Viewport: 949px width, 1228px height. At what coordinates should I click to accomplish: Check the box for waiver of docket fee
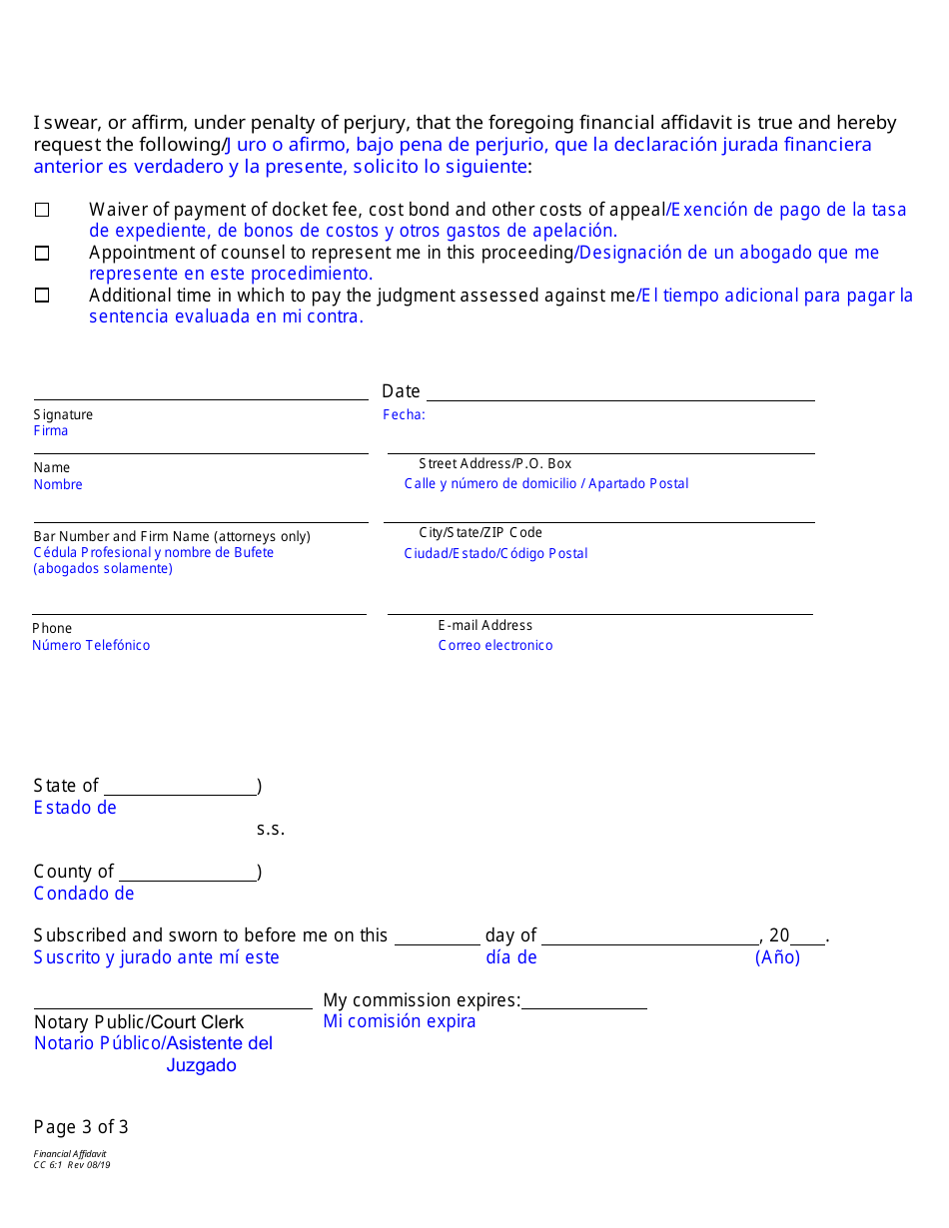coord(42,210)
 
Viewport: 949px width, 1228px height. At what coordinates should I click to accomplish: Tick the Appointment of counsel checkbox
coord(42,254)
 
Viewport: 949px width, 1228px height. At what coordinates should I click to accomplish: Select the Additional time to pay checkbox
coord(42,296)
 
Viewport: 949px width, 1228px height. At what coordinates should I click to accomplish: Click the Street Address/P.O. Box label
coord(494,463)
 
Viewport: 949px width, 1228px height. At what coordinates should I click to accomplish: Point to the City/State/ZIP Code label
coord(480,532)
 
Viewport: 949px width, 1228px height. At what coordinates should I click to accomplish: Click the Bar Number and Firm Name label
coord(172,536)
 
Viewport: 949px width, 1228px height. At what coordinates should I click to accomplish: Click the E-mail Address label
coord(484,625)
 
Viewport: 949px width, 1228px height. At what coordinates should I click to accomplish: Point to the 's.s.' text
coord(271,829)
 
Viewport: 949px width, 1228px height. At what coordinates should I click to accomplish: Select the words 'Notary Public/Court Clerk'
coord(139,1021)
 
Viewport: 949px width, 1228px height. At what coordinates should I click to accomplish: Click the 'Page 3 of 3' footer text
coord(81,1127)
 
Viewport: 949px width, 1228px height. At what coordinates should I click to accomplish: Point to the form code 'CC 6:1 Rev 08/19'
coord(72,1164)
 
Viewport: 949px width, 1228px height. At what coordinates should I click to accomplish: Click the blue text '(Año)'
coord(777,957)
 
